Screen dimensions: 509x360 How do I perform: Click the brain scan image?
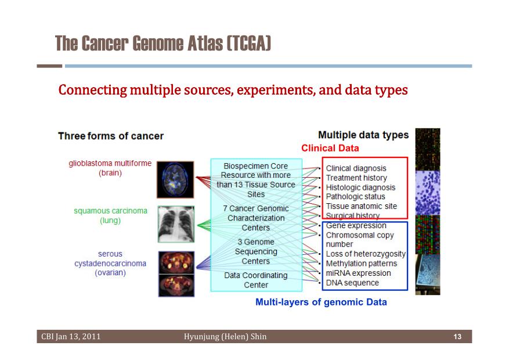click(x=175, y=179)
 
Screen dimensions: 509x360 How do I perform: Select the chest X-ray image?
click(x=176, y=224)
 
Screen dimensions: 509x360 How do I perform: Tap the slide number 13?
click(x=457, y=337)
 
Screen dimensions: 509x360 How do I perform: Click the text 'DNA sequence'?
click(x=352, y=283)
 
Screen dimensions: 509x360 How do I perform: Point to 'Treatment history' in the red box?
click(x=356, y=178)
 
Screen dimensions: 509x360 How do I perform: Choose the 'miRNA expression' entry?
click(x=358, y=273)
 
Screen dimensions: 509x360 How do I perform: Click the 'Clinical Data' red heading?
click(x=330, y=148)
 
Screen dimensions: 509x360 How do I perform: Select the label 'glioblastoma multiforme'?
click(x=110, y=163)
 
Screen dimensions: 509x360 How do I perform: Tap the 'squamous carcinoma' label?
click(x=110, y=211)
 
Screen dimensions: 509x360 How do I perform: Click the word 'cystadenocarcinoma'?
click(x=110, y=263)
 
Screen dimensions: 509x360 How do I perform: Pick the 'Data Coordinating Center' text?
click(x=256, y=280)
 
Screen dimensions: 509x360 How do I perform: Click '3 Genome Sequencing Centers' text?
click(x=256, y=251)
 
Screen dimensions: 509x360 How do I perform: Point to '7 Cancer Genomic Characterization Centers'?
click(x=256, y=218)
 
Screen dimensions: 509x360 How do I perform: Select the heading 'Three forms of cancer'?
click(x=111, y=136)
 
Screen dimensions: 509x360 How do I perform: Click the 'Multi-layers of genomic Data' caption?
click(x=321, y=302)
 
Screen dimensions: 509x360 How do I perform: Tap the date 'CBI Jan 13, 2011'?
click(x=71, y=337)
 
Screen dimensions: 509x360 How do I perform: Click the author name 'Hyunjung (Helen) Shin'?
click(x=225, y=337)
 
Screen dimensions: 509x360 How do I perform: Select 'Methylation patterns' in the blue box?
click(x=362, y=264)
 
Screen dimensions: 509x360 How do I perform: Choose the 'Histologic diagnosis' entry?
click(x=360, y=188)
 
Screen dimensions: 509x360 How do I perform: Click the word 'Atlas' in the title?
click(x=205, y=44)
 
